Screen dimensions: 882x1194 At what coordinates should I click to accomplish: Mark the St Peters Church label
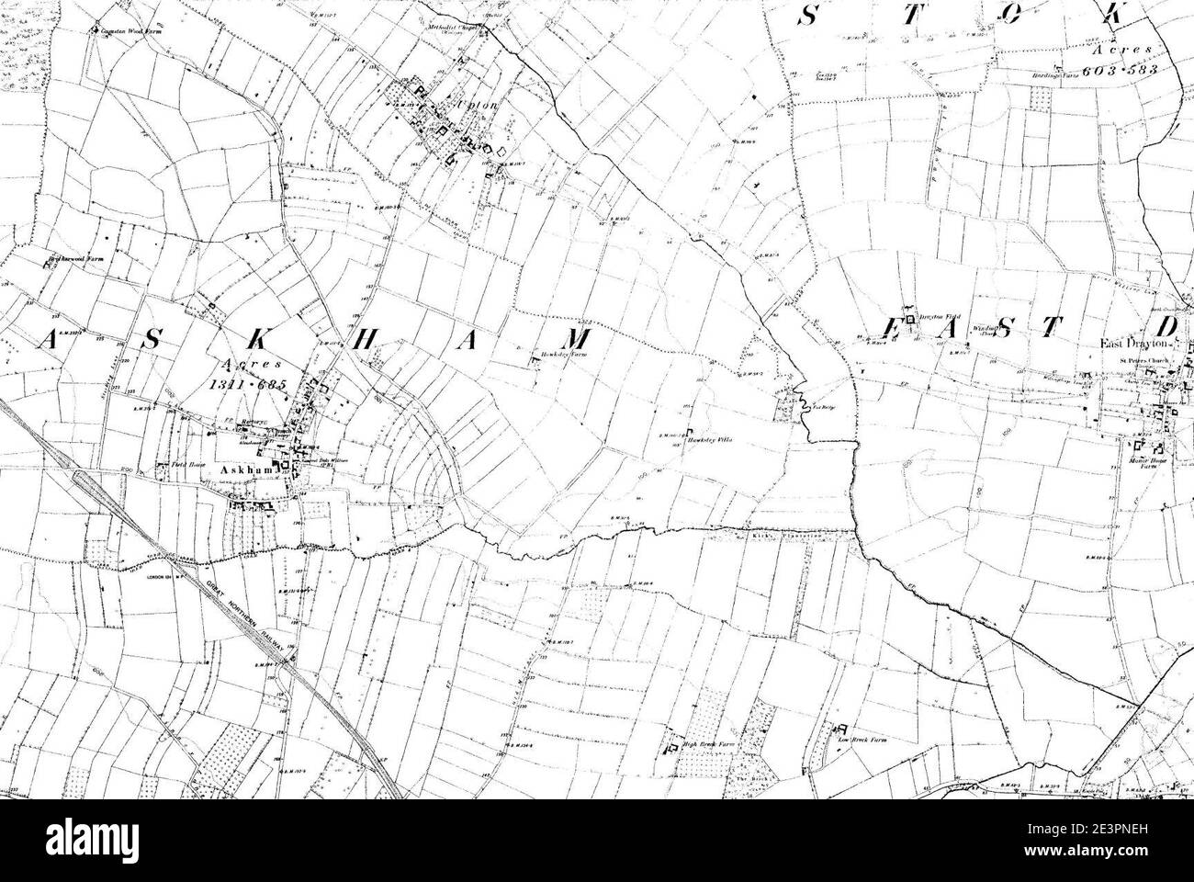(1145, 361)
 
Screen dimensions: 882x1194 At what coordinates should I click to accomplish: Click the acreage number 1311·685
(248, 385)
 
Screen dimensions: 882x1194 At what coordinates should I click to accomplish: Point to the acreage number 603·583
(1120, 69)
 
